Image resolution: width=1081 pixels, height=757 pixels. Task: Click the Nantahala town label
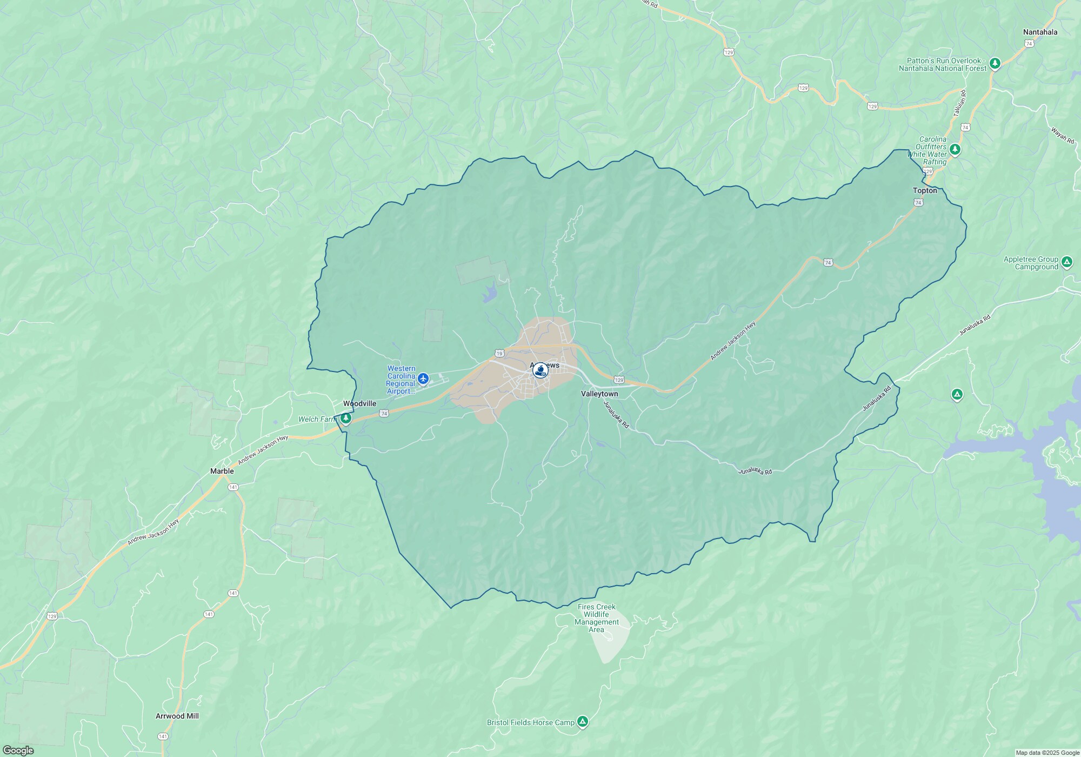[1040, 32]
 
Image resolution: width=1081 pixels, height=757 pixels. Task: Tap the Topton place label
[925, 190]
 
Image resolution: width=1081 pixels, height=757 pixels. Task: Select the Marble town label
[222, 471]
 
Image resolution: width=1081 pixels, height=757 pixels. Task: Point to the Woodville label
[359, 403]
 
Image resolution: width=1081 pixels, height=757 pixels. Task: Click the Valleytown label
[599, 394]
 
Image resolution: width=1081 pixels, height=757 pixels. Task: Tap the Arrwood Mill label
[177, 716]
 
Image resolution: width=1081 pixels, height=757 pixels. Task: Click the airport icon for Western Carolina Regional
[423, 378]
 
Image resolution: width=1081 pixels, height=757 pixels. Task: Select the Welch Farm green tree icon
[346, 418]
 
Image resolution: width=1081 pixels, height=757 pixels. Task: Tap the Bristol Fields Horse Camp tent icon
[582, 721]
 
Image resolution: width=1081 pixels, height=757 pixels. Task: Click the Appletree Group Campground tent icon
[1066, 262]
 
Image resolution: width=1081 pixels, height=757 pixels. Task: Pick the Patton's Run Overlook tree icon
[995, 64]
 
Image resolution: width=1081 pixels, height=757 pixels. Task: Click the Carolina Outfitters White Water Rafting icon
[955, 149]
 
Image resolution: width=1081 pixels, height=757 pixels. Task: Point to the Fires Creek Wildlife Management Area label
[596, 618]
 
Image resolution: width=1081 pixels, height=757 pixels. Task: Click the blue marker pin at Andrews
[539, 370]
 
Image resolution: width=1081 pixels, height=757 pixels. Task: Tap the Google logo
[18, 750]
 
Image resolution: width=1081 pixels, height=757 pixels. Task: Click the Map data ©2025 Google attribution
[1047, 753]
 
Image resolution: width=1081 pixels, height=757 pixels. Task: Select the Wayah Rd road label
[1062, 135]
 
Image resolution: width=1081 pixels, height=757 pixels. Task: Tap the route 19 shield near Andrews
[499, 354]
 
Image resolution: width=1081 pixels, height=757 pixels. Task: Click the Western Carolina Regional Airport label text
[401, 380]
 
